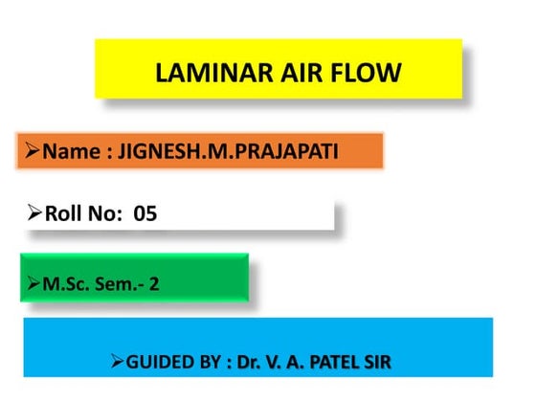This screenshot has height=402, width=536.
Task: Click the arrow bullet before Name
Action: tap(33, 150)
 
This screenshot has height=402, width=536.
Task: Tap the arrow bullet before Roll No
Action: tap(34, 213)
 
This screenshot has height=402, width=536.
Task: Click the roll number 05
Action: tap(145, 214)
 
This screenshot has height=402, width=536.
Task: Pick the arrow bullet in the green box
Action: tap(33, 282)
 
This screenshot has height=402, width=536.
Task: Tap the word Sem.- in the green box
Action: tap(117, 283)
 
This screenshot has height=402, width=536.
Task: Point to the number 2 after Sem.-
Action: tap(153, 283)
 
